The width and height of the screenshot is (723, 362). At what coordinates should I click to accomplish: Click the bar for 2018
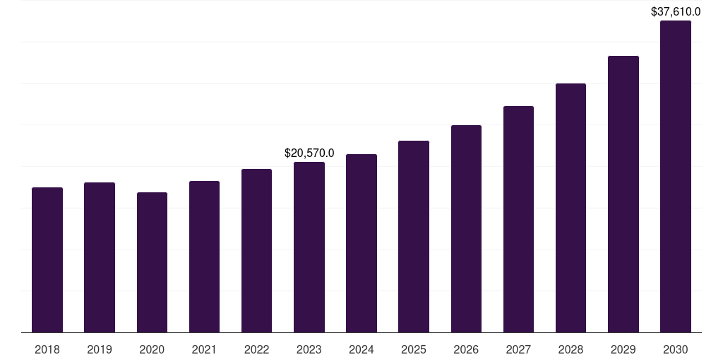(x=47, y=260)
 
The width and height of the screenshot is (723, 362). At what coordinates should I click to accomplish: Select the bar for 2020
(x=152, y=262)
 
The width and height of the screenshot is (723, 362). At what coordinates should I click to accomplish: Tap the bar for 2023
(x=309, y=247)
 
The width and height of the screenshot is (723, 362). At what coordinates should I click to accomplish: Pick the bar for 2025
(x=414, y=237)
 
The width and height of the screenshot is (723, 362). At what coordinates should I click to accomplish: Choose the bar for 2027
(x=518, y=219)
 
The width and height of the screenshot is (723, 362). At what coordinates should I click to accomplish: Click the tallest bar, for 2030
(x=676, y=177)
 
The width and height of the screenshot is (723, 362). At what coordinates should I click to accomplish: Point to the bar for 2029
(x=623, y=194)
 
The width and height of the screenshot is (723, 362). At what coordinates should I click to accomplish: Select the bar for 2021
(x=204, y=257)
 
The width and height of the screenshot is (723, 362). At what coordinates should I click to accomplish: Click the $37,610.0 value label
(x=676, y=11)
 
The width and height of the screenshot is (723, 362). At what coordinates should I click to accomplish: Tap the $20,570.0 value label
(x=309, y=153)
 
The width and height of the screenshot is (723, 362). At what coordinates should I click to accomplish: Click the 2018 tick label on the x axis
(x=47, y=349)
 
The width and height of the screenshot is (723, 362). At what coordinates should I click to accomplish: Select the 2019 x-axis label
(x=100, y=349)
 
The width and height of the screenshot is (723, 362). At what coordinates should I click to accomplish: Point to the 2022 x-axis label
(x=257, y=349)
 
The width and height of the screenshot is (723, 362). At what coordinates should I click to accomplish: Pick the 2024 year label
(x=361, y=349)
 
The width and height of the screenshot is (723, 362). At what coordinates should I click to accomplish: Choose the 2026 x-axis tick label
(x=466, y=349)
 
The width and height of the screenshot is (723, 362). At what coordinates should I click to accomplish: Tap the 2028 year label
(x=570, y=349)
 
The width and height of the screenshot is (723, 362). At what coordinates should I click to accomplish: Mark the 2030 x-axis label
(x=676, y=349)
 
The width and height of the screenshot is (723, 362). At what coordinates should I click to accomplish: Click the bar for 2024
(x=361, y=243)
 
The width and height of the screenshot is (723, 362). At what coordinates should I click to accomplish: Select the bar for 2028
(x=570, y=208)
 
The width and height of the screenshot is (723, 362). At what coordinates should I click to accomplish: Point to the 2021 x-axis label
(x=204, y=349)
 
